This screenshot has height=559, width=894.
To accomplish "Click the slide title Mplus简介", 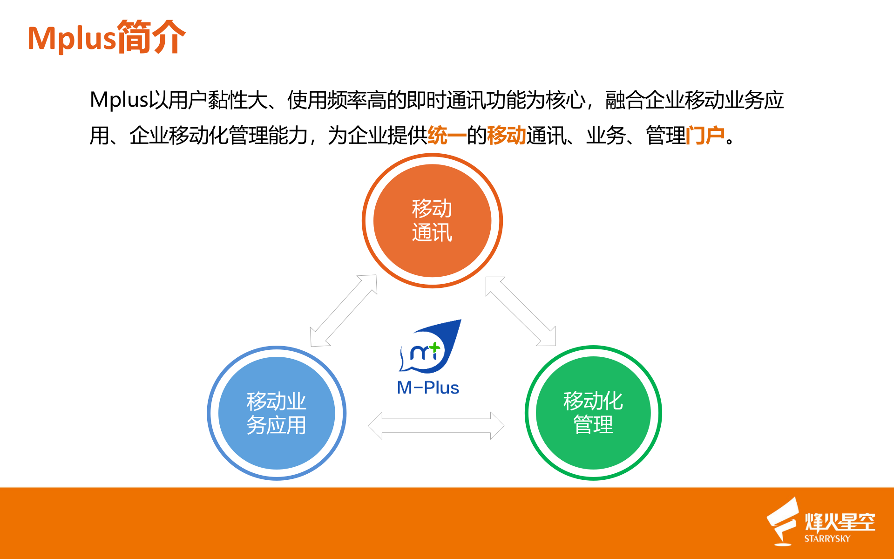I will click(106, 37).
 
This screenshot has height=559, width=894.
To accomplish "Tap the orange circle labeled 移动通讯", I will click(432, 220).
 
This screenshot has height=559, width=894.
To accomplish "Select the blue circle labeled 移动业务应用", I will click(277, 413).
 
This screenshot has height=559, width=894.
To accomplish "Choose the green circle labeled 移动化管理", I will click(593, 413).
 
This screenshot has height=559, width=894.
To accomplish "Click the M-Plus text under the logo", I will click(428, 388).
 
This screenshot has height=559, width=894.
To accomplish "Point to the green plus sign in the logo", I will click(434, 347).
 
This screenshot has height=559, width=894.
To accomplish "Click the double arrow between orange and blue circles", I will click(344, 310).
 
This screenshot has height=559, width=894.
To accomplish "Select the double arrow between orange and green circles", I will click(521, 311).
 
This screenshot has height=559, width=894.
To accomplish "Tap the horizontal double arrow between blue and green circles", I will click(436, 425).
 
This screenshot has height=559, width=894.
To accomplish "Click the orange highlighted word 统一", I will click(447, 136).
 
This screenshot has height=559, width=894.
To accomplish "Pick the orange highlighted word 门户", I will click(705, 136).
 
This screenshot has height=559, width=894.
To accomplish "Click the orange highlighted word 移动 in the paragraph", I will click(506, 136).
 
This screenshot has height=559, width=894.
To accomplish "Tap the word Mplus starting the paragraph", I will click(119, 100).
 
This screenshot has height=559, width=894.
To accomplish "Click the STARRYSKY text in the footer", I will click(827, 539).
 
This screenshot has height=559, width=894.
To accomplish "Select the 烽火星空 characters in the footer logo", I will click(840, 522).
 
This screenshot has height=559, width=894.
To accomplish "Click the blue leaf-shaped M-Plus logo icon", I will click(431, 347).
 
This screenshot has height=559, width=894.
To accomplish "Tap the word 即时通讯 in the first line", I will click(446, 100).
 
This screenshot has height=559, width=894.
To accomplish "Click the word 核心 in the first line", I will click(565, 100).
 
